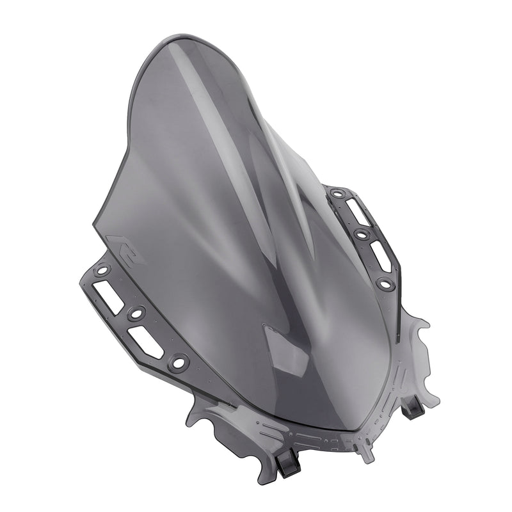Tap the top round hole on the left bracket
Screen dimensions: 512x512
pos(101,271)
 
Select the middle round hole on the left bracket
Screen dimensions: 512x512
pos(136,314)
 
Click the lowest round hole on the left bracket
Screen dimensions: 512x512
pos(178,363)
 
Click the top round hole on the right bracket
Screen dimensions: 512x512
pos(337,193)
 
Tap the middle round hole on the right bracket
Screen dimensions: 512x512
pos(362,235)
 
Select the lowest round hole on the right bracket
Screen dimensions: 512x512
pos(384,282)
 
